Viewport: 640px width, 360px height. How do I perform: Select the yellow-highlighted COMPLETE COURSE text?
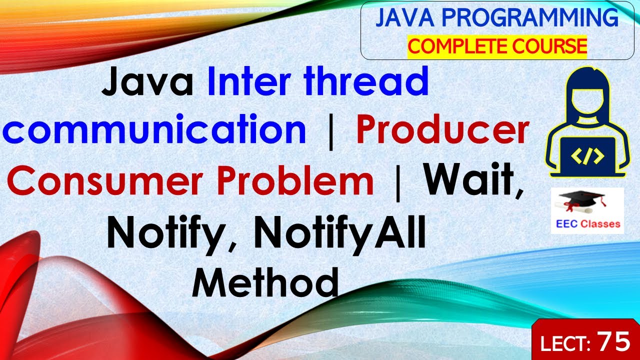(x=497, y=46)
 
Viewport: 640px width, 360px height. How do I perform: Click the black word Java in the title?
(x=147, y=83)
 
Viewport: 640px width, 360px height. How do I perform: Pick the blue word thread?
(x=367, y=83)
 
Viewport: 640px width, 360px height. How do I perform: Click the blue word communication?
(x=155, y=130)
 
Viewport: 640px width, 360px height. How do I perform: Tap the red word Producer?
(x=442, y=130)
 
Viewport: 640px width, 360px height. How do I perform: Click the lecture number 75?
(x=614, y=342)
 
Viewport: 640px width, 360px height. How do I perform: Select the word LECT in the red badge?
(x=564, y=343)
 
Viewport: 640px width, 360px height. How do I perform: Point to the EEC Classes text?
(x=588, y=224)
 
